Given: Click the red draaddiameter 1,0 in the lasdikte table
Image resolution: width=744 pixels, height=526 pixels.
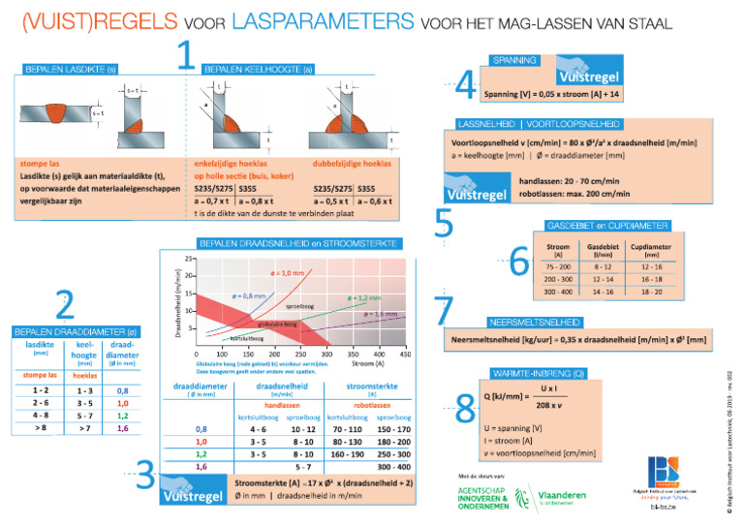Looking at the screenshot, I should click(x=123, y=403).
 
